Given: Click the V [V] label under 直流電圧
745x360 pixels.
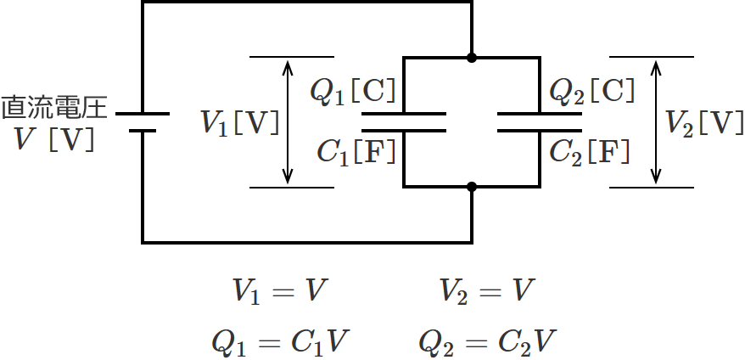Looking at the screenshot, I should point(56,138).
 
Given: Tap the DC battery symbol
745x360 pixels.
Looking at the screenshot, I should point(143,122).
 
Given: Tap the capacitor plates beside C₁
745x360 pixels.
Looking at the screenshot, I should point(404,122).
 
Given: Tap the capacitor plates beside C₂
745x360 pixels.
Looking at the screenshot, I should point(540,122).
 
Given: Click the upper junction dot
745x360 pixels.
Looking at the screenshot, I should point(472,58).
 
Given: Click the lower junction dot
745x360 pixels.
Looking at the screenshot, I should point(472,187).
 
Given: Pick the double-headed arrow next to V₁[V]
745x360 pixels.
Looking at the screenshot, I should point(288,122).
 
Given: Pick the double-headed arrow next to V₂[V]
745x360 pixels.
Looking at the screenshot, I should point(655,122).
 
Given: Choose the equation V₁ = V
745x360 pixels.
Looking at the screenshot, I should point(280,292).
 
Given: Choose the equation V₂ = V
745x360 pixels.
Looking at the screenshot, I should point(486,292).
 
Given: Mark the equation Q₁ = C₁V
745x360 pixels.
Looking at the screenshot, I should point(280,341).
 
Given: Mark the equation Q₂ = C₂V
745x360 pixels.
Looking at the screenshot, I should point(487,341).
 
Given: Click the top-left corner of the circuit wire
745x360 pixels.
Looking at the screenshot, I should point(143,3).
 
